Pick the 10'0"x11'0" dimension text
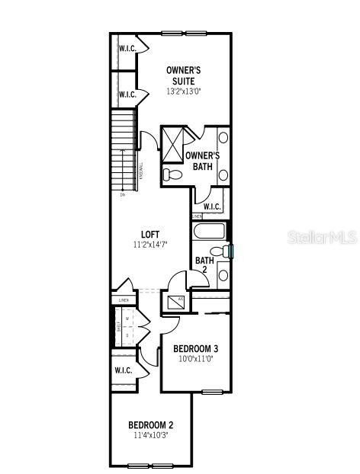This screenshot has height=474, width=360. [197, 358]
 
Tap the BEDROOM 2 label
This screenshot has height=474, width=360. [151, 424]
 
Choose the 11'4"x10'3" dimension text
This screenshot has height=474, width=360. [151, 436]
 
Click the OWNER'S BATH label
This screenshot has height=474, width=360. [202, 161]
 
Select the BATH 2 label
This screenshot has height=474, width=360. [204, 265]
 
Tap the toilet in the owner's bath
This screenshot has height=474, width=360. [173, 175]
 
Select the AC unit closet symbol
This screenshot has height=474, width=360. [173, 302]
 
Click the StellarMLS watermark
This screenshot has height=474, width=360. [321, 239]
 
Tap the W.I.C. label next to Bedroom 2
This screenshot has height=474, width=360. [123, 370]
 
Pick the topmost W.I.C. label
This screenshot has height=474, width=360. [127, 48]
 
